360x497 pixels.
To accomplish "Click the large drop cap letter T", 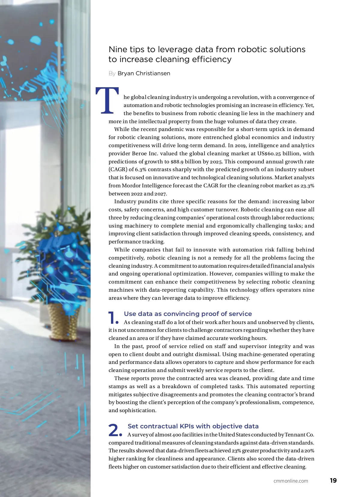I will pyautogui.click(x=107, y=101).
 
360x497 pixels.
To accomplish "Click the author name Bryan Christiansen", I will pyautogui.click(x=144, y=73).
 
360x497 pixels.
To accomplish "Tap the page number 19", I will pyautogui.click(x=333, y=481).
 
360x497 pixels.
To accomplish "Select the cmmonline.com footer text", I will pyautogui.click(x=290, y=481).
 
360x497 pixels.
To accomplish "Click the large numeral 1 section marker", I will pyautogui.click(x=112, y=318).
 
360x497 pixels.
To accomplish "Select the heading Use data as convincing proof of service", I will pyautogui.click(x=188, y=314).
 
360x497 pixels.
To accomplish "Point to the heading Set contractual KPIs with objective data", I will pyautogui.click(x=193, y=426).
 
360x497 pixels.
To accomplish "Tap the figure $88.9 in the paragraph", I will pyautogui.click(x=177, y=162).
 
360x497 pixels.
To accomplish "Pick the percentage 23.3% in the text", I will pyautogui.click(x=307, y=186).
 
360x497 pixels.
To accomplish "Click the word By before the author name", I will pyautogui.click(x=112, y=73).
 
